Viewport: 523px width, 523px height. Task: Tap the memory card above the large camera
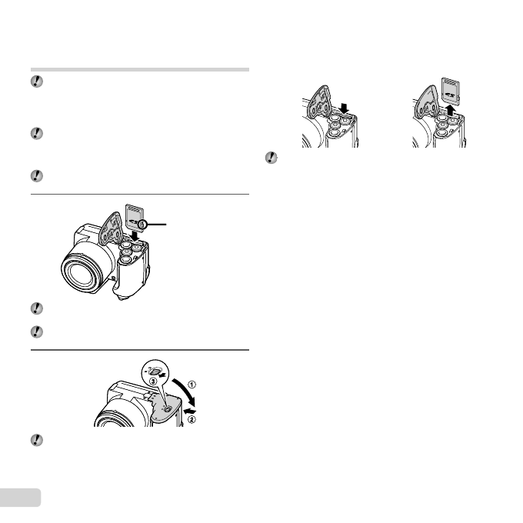click(x=137, y=216)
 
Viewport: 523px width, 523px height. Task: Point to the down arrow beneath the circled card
click(x=136, y=237)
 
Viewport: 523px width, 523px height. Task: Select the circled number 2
click(x=203, y=420)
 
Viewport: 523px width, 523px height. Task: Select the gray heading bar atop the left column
click(x=139, y=68)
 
